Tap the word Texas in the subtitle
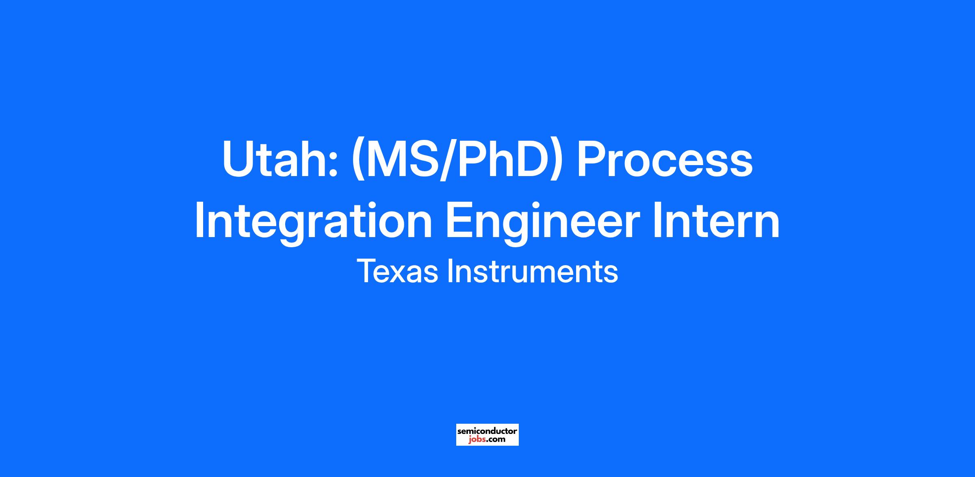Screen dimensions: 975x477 tap(398, 271)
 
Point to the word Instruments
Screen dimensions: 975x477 tap(533, 271)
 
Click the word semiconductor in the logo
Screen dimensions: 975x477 tap(487, 431)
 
